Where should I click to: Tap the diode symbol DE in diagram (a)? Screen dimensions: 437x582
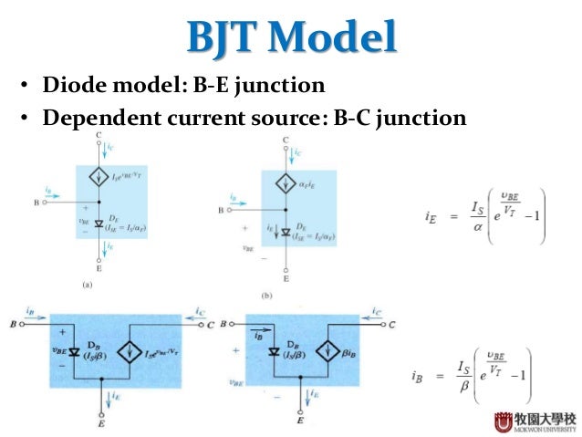pyautogui.click(x=99, y=223)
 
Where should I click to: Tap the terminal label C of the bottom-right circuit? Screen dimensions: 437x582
pyautogui.click(x=391, y=324)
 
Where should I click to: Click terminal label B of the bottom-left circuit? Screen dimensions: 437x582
pyautogui.click(x=14, y=324)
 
